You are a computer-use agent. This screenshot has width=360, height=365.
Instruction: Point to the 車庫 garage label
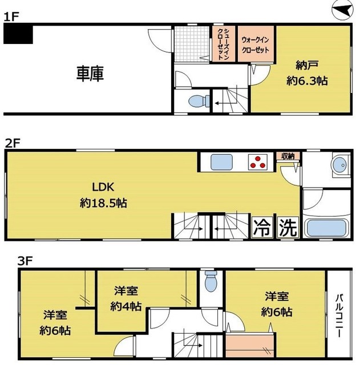[x=90, y=74]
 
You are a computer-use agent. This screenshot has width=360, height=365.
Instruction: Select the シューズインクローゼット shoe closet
[x=221, y=44]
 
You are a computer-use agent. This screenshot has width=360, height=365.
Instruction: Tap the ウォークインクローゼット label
[x=256, y=44]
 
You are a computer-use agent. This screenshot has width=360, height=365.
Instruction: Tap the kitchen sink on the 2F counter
[x=221, y=162]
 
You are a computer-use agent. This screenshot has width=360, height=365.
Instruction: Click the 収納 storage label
[x=287, y=156]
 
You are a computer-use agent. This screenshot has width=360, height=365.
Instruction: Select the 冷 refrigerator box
[x=262, y=228]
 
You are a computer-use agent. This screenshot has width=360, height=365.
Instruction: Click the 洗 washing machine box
[x=288, y=228]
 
